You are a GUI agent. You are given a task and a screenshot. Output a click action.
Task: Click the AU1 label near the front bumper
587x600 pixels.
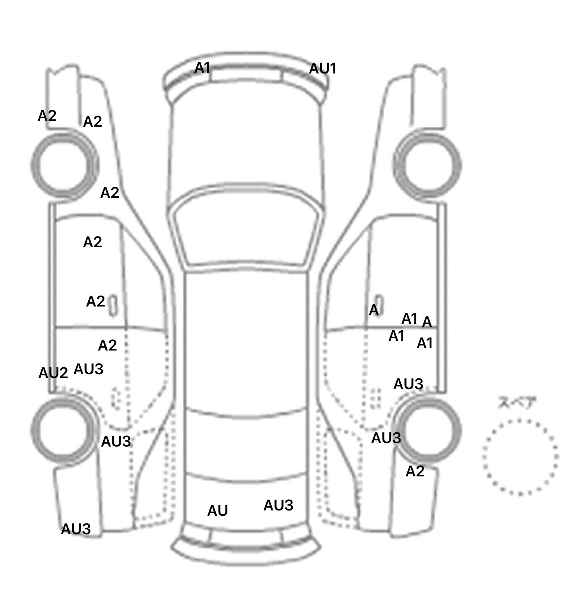tap(323, 69)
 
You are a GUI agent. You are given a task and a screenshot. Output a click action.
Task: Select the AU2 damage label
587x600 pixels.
tap(53, 373)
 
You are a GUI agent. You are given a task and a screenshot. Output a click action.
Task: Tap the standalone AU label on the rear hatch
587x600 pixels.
tap(217, 510)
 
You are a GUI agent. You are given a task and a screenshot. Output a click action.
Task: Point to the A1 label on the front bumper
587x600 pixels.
tap(203, 68)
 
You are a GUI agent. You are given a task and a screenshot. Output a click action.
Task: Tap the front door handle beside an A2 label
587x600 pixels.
tap(113, 305)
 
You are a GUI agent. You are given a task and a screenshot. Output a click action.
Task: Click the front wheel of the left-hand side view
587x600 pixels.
tap(64, 165)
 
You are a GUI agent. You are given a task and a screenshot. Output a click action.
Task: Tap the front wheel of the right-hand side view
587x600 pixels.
tap(427, 165)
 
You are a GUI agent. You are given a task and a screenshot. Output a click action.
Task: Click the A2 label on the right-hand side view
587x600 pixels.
tap(415, 471)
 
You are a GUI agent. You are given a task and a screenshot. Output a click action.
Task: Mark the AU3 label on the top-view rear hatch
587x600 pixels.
tap(278, 505)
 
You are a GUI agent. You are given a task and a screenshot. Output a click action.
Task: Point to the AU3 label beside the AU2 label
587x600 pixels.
tap(88, 369)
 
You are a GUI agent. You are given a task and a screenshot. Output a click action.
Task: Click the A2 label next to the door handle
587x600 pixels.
tap(96, 302)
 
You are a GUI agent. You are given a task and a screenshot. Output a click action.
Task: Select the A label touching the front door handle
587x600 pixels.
tap(373, 310)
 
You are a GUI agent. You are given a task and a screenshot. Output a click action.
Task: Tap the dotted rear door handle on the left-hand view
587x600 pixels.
tap(116, 398)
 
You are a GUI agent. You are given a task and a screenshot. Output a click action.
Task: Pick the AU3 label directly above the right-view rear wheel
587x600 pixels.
tap(408, 384)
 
